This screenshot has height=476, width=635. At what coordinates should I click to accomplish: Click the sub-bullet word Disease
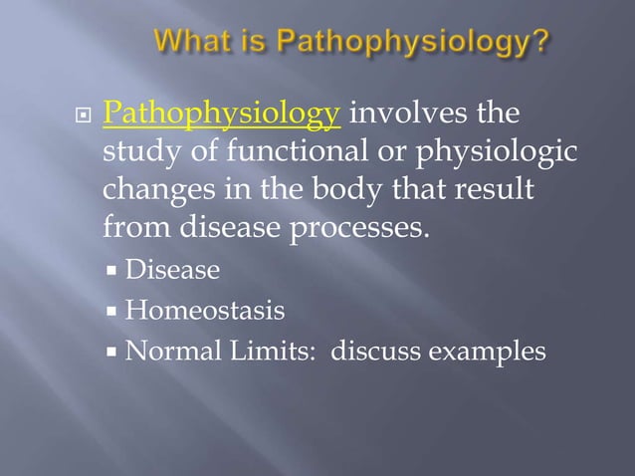coord(173,271)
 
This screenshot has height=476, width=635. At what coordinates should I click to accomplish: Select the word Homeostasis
coord(205,311)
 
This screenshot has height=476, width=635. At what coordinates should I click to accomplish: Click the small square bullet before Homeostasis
coord(116,312)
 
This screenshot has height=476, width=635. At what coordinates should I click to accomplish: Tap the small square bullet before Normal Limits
coord(116,352)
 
